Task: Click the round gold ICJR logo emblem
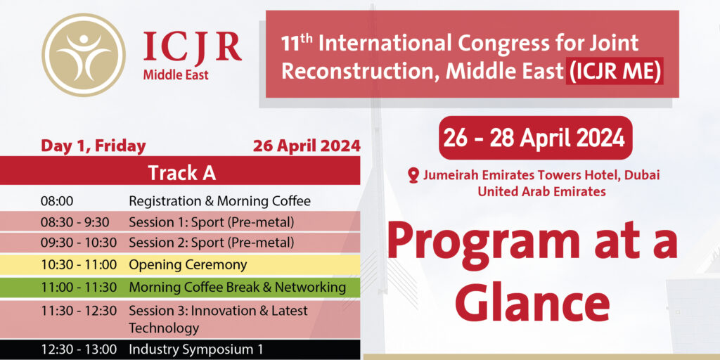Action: [x=84, y=55]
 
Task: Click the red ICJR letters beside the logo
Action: [x=192, y=47]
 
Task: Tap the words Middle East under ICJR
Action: [x=176, y=75]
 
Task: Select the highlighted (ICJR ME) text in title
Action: [x=615, y=72]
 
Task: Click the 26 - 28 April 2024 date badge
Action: [x=535, y=138]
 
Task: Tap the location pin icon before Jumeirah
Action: [x=413, y=175]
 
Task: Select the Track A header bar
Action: [x=181, y=172]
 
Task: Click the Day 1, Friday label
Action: [x=94, y=146]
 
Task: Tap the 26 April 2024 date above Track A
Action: [x=307, y=146]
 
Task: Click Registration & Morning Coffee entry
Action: [x=219, y=201]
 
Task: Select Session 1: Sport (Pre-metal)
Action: [x=211, y=222]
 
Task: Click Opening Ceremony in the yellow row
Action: [x=188, y=265]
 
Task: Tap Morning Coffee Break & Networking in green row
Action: [x=237, y=287]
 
